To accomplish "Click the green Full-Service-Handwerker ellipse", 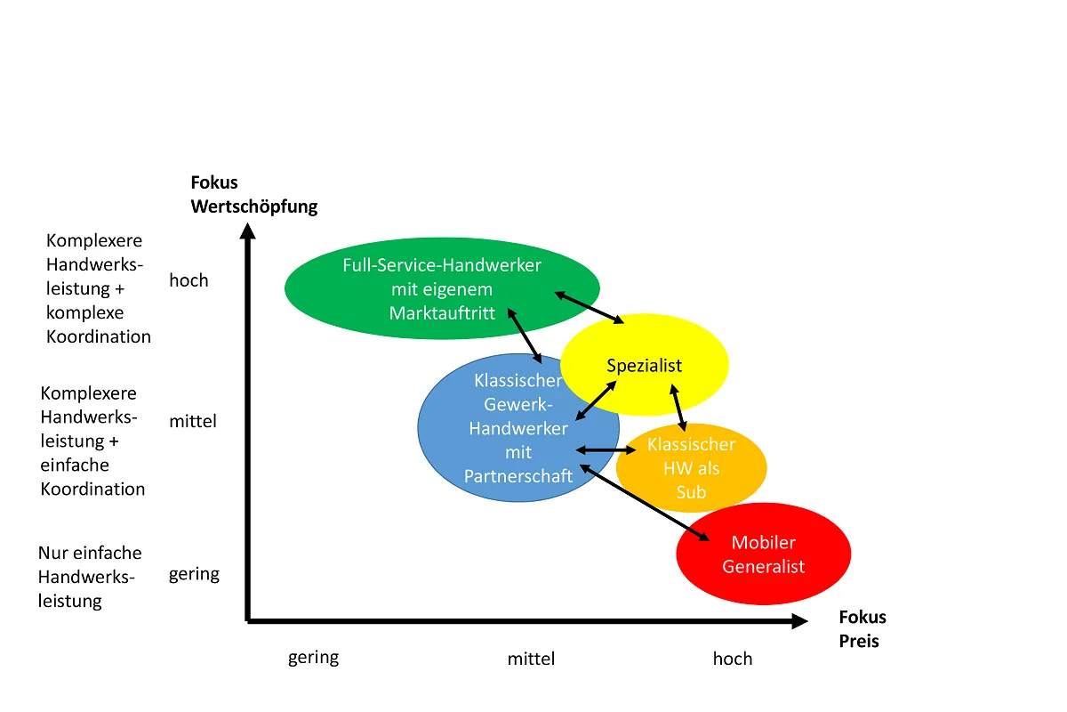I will [x=442, y=288].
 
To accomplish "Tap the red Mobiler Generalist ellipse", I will [x=763, y=554].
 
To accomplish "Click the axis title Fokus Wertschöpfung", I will [x=253, y=194].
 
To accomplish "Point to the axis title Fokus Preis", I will [x=862, y=628].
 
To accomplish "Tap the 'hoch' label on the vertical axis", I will [x=189, y=280].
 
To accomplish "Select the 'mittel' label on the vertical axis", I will [x=193, y=421].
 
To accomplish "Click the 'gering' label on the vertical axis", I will [x=194, y=574].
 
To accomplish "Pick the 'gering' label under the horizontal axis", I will [x=313, y=658].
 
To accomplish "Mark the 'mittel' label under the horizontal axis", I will [x=531, y=659].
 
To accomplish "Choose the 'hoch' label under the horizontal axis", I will [x=733, y=659].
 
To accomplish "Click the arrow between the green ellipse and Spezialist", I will [x=589, y=306].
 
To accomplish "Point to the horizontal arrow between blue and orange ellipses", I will [x=606, y=450].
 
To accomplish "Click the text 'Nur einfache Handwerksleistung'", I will [x=89, y=577].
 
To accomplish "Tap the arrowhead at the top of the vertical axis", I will [x=249, y=231].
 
